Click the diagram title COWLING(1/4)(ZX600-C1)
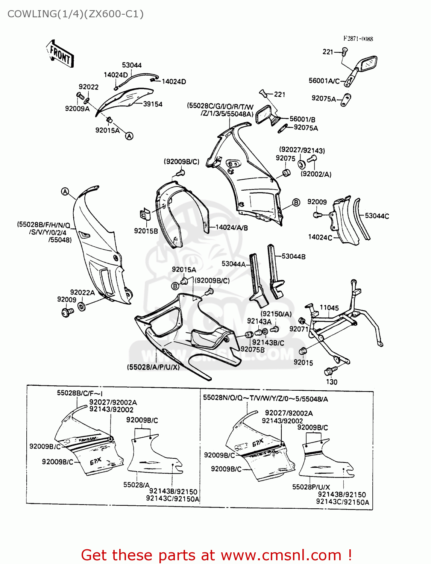tap(75, 14)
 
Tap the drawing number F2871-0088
tap(358, 39)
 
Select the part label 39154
tap(153, 104)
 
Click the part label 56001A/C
tap(324, 81)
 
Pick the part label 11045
tap(329, 308)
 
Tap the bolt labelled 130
tap(329, 371)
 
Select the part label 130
tap(331, 382)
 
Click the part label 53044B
tap(293, 256)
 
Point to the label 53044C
tap(377, 216)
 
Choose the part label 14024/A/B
tap(231, 227)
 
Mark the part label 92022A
tap(82, 293)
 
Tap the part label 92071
tap(299, 329)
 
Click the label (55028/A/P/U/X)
tap(153, 367)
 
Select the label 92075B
tap(252, 349)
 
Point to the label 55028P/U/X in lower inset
tap(311, 487)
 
